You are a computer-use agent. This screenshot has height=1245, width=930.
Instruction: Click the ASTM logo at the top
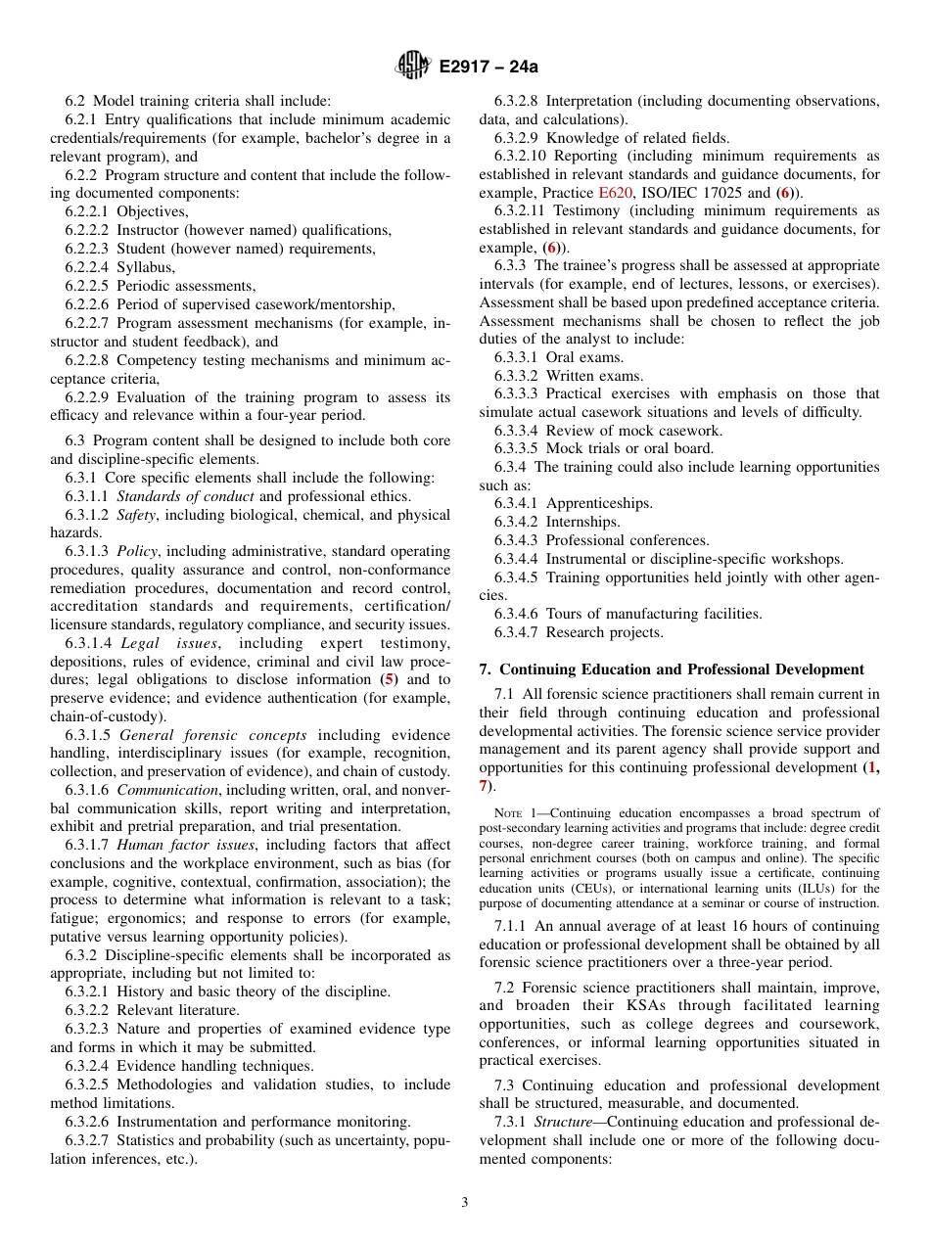[x=411, y=66]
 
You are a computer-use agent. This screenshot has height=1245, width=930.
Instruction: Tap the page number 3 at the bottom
[x=464, y=1203]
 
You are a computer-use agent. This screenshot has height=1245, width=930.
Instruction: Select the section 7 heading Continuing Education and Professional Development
[x=672, y=669]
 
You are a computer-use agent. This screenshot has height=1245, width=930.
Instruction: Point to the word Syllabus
[x=146, y=267]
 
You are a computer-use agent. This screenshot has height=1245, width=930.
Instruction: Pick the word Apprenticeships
[x=599, y=503]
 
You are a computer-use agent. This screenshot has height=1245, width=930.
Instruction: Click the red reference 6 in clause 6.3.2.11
[x=553, y=248]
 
